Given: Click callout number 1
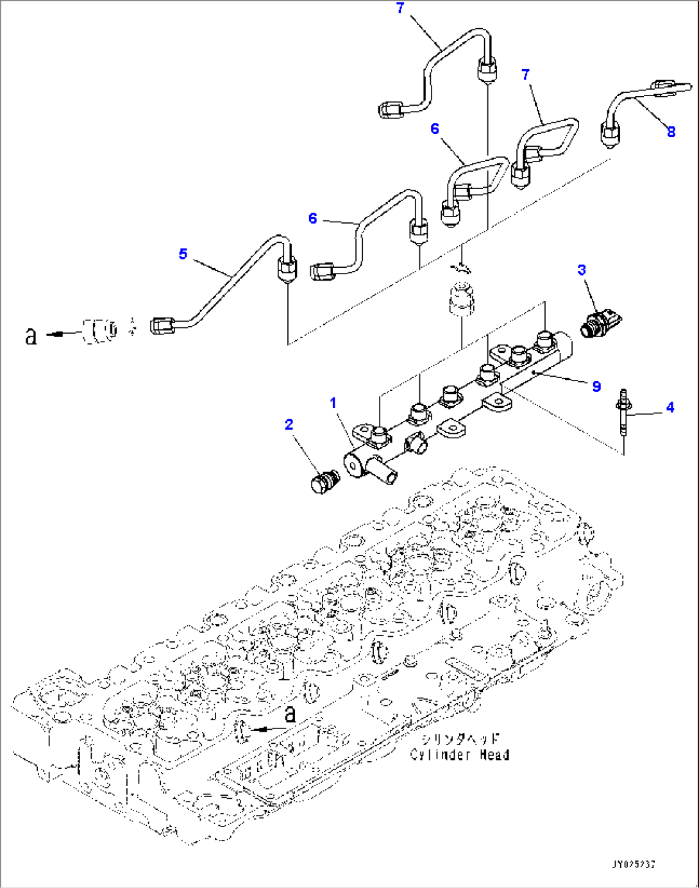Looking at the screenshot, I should pyautogui.click(x=333, y=403).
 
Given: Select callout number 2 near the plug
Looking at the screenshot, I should pyautogui.click(x=289, y=424).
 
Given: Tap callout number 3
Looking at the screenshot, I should pyautogui.click(x=582, y=270).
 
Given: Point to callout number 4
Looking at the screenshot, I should pyautogui.click(x=670, y=407).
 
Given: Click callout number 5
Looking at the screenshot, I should pyautogui.click(x=183, y=254).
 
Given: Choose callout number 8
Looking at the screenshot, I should pyautogui.click(x=671, y=132).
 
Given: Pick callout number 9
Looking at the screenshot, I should pyautogui.click(x=596, y=386).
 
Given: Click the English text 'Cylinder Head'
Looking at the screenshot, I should pyautogui.click(x=460, y=755).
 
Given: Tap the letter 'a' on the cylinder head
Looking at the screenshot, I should pyautogui.click(x=290, y=714).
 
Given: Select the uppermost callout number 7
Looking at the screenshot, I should pyautogui.click(x=400, y=8).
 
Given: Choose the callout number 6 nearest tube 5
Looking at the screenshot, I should pyautogui.click(x=312, y=218).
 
